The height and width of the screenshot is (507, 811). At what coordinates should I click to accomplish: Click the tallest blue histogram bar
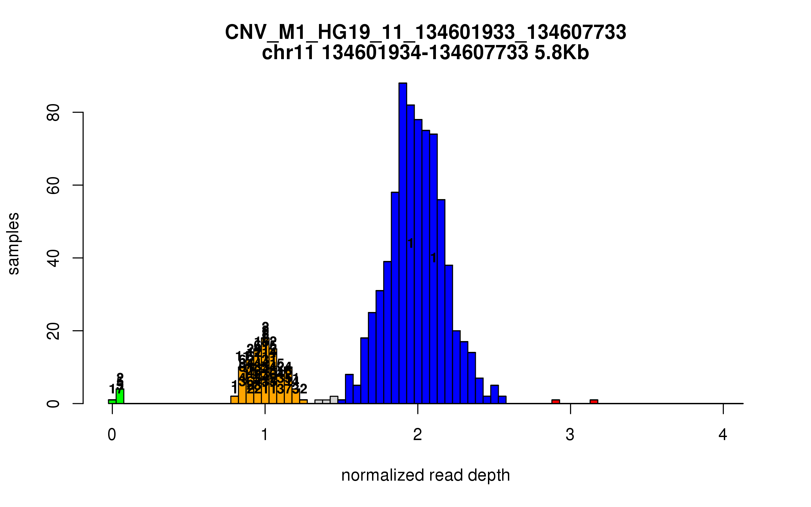402,243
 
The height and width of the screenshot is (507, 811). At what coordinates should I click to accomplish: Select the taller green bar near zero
120,396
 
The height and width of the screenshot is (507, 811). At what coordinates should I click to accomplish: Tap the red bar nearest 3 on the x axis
556,402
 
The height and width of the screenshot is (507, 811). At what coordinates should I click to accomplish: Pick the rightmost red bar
594,402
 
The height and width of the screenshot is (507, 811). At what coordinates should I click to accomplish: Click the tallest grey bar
334,400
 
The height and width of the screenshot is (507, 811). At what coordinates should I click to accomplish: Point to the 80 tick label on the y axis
53,113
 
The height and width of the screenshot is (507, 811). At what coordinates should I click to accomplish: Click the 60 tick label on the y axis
53,185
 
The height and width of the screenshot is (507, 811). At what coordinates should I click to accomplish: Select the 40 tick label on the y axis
53,258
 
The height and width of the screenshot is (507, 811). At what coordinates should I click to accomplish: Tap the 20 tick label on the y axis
53,331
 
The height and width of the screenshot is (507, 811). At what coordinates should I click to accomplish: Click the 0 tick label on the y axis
53,404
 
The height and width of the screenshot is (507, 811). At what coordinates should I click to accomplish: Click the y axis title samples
14,244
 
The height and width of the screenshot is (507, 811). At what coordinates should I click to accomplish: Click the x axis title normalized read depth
425,475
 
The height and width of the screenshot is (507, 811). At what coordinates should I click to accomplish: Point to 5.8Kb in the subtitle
562,53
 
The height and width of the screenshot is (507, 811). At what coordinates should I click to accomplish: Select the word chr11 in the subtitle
288,53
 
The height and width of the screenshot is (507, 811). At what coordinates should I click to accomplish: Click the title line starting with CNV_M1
425,32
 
